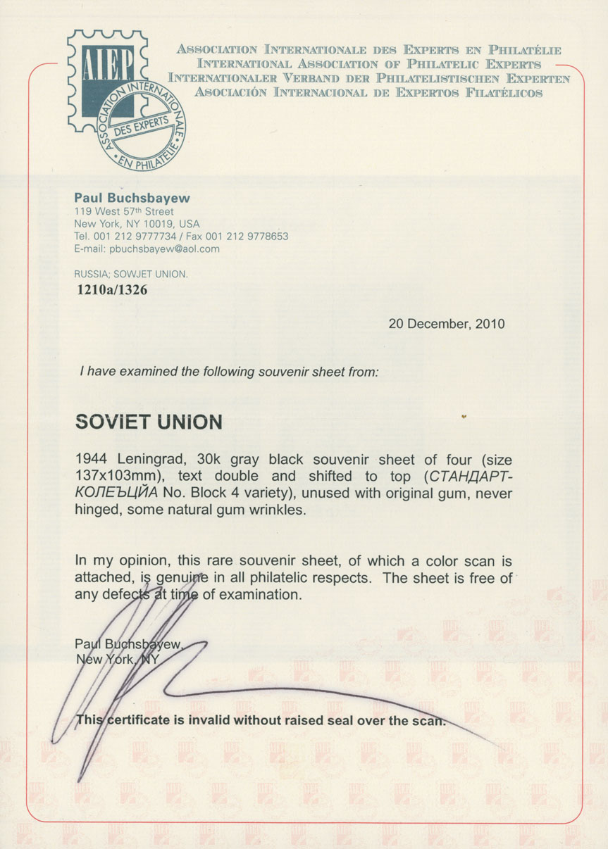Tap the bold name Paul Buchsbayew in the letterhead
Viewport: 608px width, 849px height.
pos(132,199)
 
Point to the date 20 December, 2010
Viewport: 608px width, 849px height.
pos(447,324)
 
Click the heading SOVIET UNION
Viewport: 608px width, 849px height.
pos(149,422)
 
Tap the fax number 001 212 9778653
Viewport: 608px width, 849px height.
pos(253,236)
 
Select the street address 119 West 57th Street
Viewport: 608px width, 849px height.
pos(124,211)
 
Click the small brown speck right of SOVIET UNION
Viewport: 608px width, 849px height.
pos(464,417)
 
